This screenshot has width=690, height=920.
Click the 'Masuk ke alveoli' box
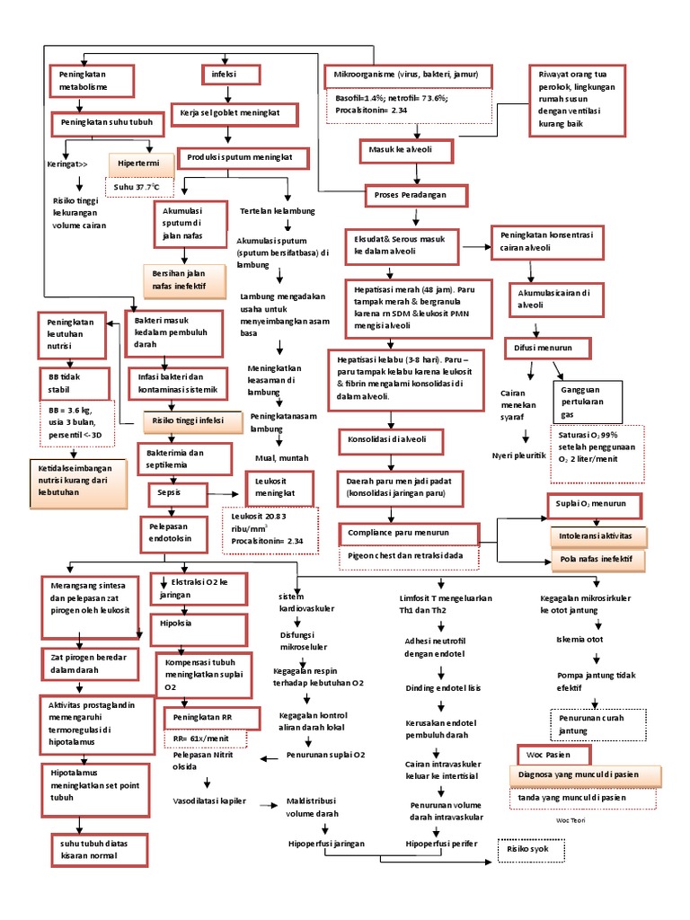[x=399, y=149]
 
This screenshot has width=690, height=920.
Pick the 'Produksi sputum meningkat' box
[x=246, y=159]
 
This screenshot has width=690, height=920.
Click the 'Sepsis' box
[x=177, y=493]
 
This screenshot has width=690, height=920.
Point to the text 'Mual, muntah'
[x=281, y=457]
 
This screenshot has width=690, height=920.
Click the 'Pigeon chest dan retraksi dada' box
[x=408, y=556]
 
